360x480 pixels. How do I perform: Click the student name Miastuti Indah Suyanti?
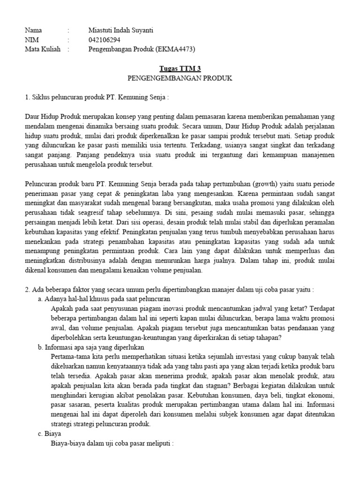(x=120, y=30)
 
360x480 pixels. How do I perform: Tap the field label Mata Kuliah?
(x=43, y=49)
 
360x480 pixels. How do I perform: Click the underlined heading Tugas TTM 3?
(x=180, y=68)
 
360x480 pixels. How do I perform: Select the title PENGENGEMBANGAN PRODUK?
(x=180, y=78)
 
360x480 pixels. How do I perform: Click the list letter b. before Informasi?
(x=40, y=347)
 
